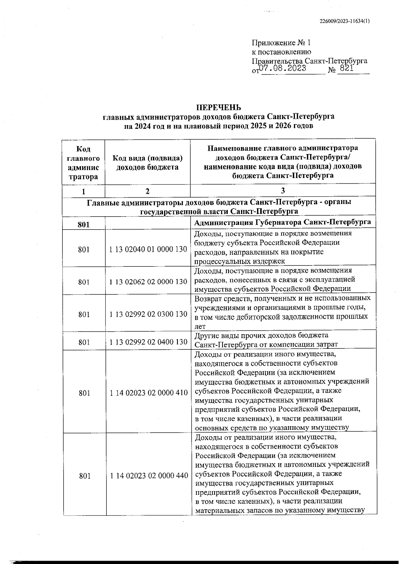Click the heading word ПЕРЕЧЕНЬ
pos(218,107)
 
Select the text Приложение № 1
pos(281,43)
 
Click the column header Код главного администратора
pos(83,163)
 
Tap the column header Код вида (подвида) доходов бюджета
pos(147,163)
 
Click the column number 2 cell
pos(147,191)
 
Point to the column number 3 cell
pos(283,191)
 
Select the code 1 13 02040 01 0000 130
pos(148,249)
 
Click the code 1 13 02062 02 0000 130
pos(148,282)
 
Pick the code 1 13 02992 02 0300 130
pos(148,314)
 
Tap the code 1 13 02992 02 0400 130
pos(148,342)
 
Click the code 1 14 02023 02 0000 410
pos(149,393)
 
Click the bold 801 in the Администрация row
pos(83,225)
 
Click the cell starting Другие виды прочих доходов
pos(266,340)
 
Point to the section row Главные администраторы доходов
pos(219,206)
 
